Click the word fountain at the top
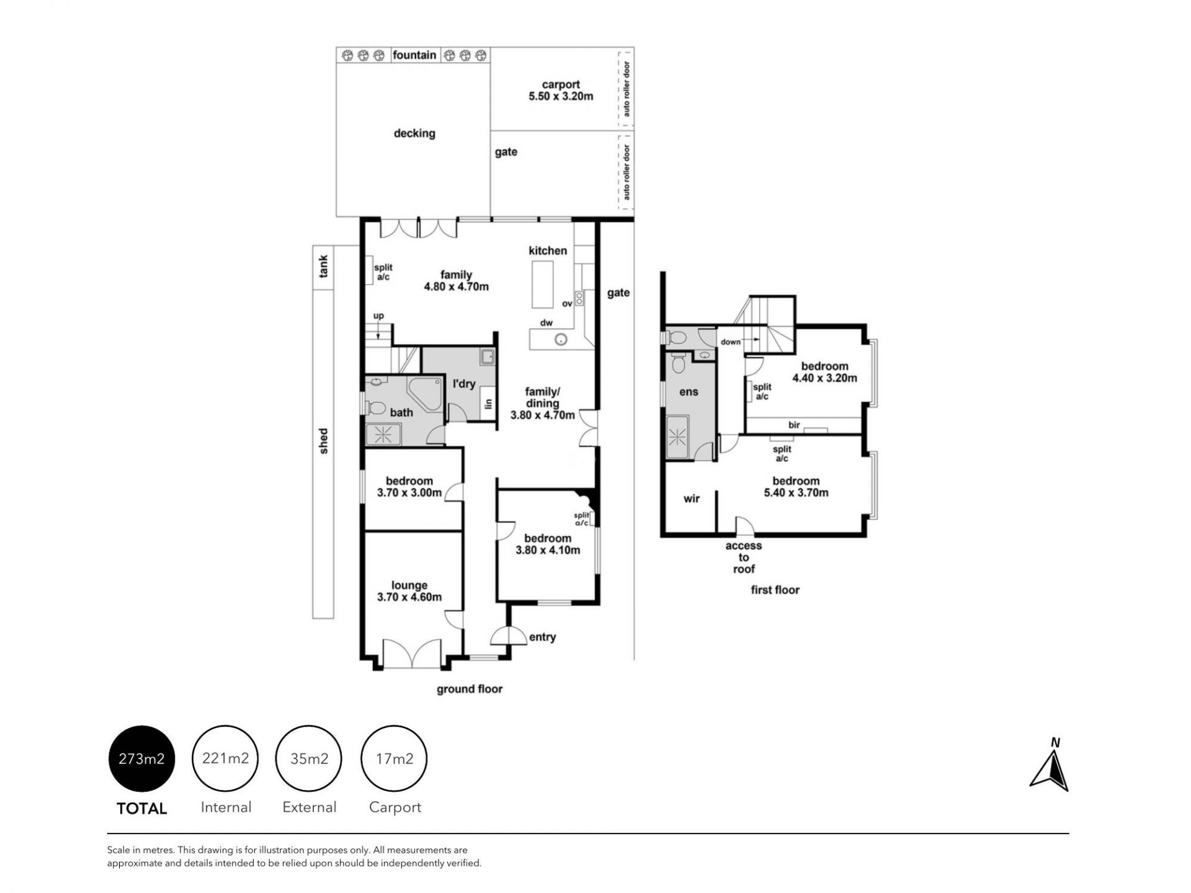[x=414, y=55]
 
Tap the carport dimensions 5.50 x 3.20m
[x=561, y=96]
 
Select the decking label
[x=414, y=133]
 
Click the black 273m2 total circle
[x=142, y=758]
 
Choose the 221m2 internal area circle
[x=225, y=758]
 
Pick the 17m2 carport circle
[x=395, y=758]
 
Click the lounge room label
[x=409, y=585]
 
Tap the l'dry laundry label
[x=464, y=384]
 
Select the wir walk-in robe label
[x=692, y=499]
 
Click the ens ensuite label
[x=689, y=392]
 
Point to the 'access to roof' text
[x=744, y=558]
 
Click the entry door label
[x=542, y=638]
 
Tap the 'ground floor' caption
[x=470, y=689]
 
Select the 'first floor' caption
[x=775, y=590]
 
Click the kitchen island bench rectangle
[x=542, y=284]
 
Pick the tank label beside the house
[x=323, y=267]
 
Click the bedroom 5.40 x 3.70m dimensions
[x=796, y=493]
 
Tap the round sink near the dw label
[x=561, y=339]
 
